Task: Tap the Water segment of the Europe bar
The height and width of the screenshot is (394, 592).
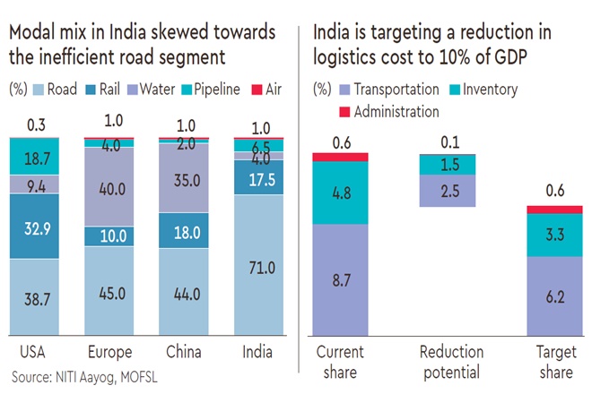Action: pos(112,185)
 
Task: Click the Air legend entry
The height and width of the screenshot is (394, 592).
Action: pos(268,90)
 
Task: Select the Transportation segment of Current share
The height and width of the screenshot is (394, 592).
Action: pos(341,279)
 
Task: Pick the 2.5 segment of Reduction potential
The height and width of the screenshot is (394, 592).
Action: pos(448,191)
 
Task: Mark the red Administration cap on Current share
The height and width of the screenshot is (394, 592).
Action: pos(341,157)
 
